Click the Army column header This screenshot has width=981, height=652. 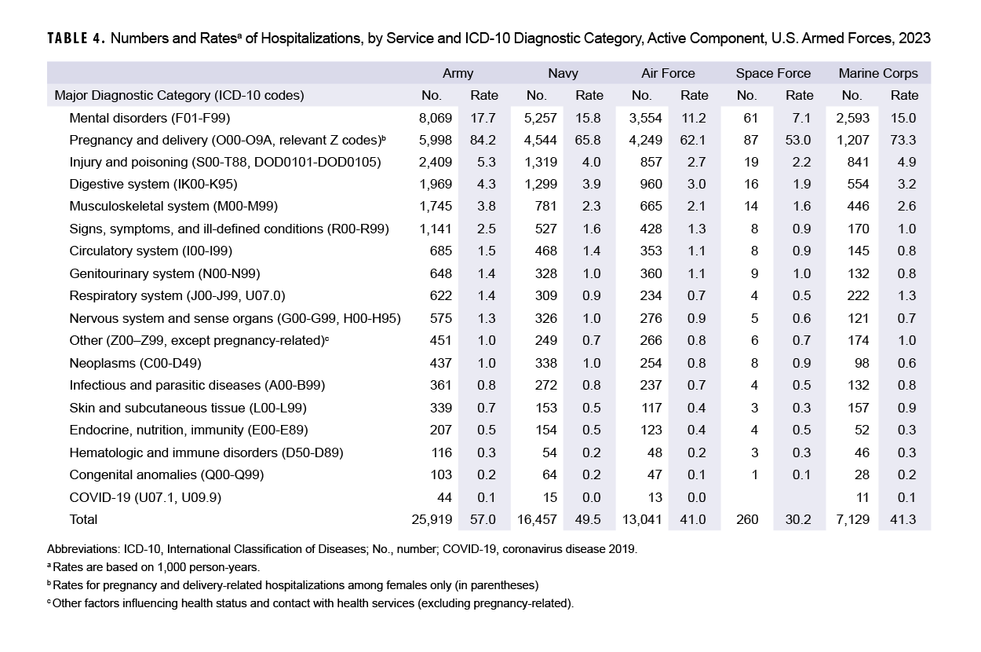[x=458, y=73]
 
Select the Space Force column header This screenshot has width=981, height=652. [x=772, y=73]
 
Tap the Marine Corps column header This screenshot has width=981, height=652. [x=877, y=73]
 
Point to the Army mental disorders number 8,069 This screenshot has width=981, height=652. [x=436, y=118]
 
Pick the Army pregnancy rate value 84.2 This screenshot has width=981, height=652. [x=483, y=140]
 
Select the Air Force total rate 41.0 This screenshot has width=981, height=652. [x=694, y=519]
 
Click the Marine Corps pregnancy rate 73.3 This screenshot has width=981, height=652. [x=904, y=140]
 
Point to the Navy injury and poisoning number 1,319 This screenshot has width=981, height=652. [x=541, y=163]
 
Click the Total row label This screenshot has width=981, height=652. [x=83, y=519]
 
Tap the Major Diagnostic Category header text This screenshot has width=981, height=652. [x=179, y=95]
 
